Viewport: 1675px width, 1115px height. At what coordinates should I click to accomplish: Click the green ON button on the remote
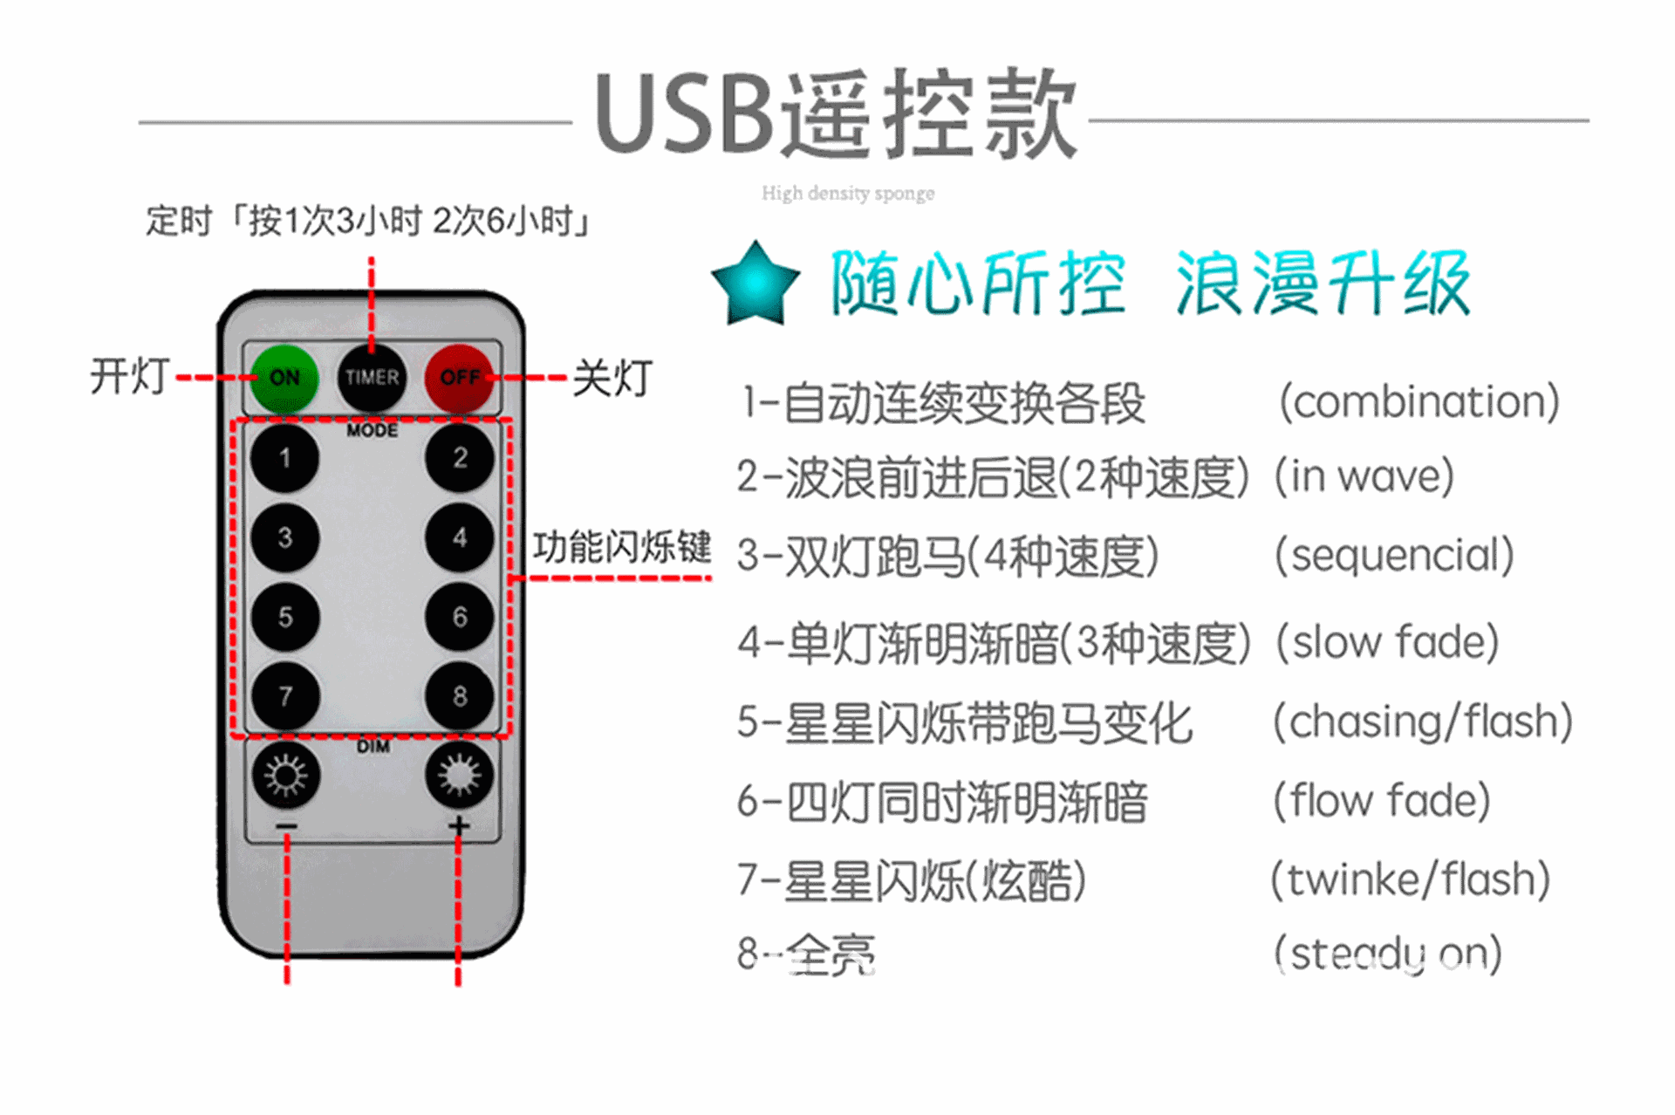284,378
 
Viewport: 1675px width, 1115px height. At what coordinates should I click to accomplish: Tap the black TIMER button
372,378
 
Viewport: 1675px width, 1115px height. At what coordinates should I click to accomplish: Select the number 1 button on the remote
284,458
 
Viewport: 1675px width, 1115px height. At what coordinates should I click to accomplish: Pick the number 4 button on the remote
460,537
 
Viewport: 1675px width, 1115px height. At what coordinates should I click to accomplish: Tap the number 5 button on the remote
284,617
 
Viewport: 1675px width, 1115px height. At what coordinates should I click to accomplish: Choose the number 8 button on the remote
460,696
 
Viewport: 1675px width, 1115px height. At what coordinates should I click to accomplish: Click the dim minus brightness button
285,776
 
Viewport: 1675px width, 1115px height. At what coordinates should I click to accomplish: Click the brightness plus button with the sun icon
460,776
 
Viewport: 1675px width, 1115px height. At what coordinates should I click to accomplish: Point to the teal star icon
755,284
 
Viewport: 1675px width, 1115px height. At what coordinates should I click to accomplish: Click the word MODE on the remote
372,430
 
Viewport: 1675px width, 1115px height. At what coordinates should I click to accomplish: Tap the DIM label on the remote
373,747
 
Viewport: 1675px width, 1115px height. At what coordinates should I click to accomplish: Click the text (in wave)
1364,476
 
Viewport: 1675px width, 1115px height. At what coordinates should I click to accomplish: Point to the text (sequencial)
1394,556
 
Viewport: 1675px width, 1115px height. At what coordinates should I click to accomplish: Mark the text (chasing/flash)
1423,722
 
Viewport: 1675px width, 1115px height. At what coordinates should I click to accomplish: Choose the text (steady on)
1388,954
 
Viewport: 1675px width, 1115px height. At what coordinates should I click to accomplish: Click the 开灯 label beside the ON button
130,377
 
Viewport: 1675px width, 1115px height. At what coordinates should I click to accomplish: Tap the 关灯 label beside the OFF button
612,379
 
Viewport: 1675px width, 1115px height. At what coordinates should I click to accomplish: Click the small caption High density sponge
847,193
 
